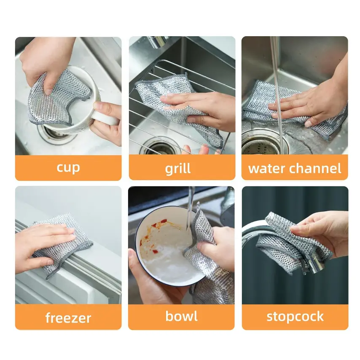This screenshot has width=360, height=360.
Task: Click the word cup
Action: [x=68, y=168]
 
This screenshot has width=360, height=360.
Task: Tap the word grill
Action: [x=178, y=169]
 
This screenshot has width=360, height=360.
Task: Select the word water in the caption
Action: [x=267, y=169]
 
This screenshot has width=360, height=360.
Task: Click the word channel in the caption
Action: [x=315, y=168]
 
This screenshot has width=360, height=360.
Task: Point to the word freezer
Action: [x=68, y=317]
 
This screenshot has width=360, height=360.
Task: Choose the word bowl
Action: [x=181, y=316]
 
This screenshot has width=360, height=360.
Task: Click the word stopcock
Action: [x=295, y=317]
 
